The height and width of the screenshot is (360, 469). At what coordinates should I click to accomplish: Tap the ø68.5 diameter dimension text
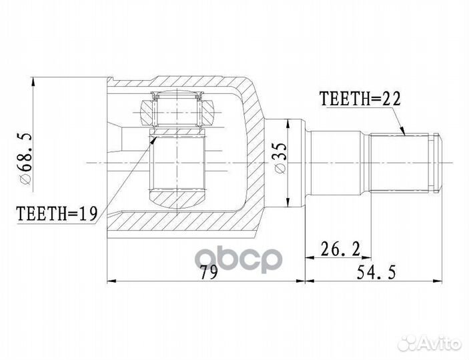click(25, 159)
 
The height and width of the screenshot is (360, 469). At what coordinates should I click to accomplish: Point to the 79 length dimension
click(210, 273)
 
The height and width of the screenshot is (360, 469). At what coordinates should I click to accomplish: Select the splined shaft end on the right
click(404, 162)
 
